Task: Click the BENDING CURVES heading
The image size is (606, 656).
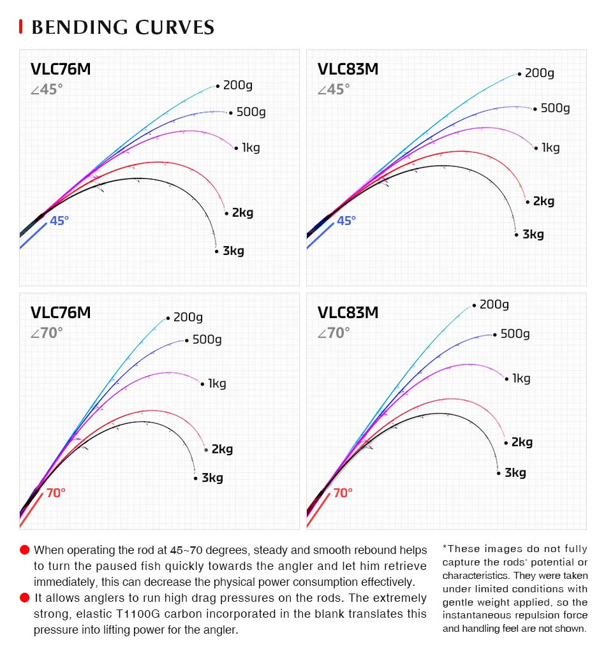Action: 122,27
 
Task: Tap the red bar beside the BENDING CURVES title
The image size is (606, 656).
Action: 21,27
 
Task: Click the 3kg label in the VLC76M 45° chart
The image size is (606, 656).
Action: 233,251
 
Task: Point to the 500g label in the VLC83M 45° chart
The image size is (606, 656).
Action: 555,108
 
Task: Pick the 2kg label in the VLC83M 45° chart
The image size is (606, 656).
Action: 543,201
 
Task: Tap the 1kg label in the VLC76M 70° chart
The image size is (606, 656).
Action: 217,384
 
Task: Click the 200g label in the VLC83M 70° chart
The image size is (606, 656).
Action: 494,305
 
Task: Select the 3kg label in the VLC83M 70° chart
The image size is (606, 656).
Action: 515,473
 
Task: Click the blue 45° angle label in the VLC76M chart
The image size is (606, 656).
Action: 59,221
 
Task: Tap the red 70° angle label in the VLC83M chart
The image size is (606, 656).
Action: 343,493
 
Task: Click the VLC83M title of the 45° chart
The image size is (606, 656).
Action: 348,69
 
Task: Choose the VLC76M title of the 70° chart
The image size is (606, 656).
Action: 61,312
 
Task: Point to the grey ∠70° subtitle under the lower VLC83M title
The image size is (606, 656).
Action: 334,333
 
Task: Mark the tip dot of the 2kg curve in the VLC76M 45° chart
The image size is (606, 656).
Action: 226,213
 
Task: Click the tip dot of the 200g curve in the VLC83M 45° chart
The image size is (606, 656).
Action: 520,73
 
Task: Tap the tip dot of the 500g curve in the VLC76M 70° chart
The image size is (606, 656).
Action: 186,340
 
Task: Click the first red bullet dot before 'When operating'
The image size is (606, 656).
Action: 25,550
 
